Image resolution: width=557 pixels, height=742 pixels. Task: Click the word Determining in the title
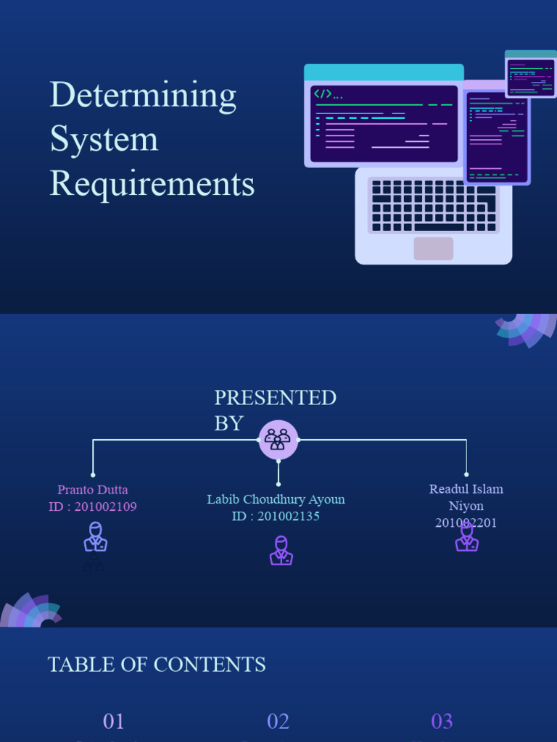pos(143,96)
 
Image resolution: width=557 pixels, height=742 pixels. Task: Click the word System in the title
pos(104,139)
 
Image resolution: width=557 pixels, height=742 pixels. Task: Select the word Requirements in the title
pos(152,183)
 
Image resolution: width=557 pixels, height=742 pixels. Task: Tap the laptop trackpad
pos(433,249)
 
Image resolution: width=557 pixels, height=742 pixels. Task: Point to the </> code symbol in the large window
pos(323,93)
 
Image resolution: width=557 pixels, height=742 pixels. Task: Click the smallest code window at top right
pos(531,75)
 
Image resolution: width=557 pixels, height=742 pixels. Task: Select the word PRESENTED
pos(275,398)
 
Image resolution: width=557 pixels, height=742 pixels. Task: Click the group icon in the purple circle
pos(278,440)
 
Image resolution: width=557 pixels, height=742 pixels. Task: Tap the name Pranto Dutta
pos(93,490)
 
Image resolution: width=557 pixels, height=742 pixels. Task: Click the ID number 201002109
pos(105,507)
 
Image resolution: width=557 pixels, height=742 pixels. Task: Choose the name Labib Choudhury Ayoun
pos(276,499)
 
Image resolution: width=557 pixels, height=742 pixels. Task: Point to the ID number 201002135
pos(288,517)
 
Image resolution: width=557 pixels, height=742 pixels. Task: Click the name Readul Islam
pos(466,489)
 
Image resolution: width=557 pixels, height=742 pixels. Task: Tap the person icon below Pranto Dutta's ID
pos(95,537)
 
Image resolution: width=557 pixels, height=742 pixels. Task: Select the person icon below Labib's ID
pos(281,551)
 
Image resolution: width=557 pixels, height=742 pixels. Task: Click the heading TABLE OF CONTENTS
pos(157,664)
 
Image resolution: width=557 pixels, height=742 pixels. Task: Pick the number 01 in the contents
pos(114,721)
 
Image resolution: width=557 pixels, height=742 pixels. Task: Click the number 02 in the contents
pos(278,721)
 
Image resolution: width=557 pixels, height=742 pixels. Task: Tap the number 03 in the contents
pos(442,721)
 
